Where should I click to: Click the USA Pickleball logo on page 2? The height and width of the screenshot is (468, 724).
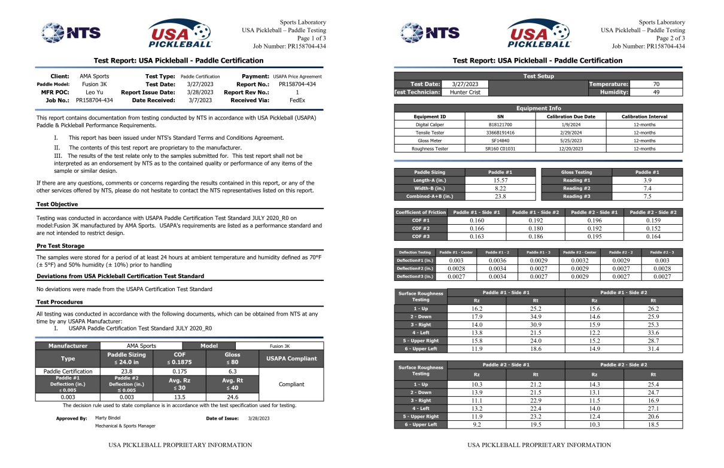tap(539, 33)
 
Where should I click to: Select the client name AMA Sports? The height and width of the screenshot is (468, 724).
tap(95, 77)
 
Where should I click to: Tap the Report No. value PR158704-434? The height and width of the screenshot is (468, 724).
tap(297, 84)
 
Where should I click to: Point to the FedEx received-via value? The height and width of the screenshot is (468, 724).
tap(297, 100)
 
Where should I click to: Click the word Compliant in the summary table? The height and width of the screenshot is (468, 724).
tap(291, 384)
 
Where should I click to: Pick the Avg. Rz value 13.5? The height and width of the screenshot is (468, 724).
tap(174, 396)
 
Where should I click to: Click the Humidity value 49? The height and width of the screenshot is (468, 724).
tap(656, 92)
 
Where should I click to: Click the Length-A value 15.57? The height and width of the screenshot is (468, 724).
tap(501, 180)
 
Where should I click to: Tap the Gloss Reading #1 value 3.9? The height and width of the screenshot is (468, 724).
tap(647, 180)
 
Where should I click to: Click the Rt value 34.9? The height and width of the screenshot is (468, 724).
tap(536, 316)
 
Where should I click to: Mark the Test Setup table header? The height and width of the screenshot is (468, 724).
tap(539, 76)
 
